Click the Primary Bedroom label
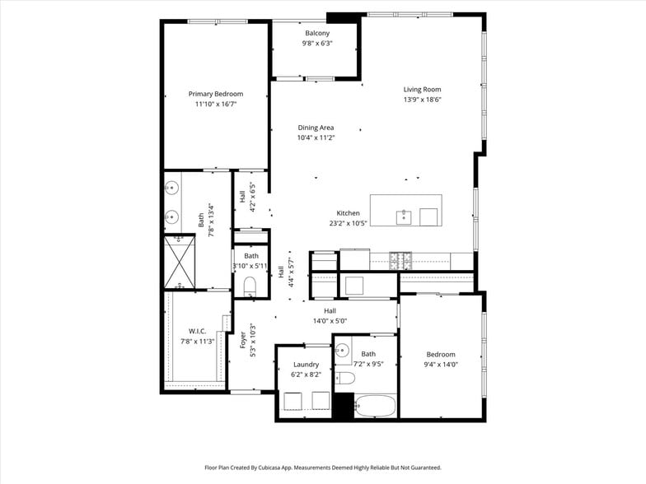pyautogui.click(x=216, y=94)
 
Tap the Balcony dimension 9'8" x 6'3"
pyautogui.click(x=316, y=43)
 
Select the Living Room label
pyautogui.click(x=422, y=90)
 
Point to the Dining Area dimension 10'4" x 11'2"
pyautogui.click(x=316, y=137)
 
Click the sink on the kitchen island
pyautogui.click(x=405, y=217)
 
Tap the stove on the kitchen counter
pyautogui.click(x=400, y=260)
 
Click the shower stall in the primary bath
pyautogui.click(x=179, y=262)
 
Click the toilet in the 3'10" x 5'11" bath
pyautogui.click(x=251, y=286)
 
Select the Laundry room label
pyautogui.click(x=305, y=364)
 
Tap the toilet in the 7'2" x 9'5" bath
pyautogui.click(x=345, y=379)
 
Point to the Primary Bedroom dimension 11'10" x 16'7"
pyautogui.click(x=216, y=105)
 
